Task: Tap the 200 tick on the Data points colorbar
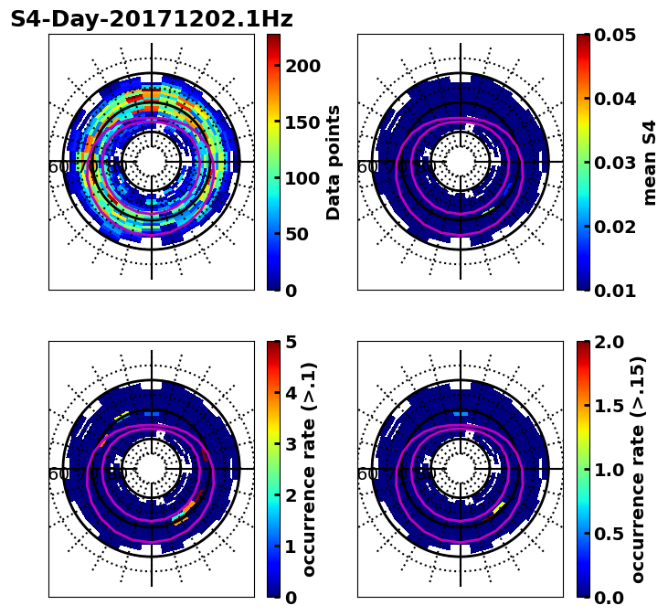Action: pyautogui.click(x=302, y=66)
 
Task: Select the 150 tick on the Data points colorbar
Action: pyautogui.click(x=302, y=122)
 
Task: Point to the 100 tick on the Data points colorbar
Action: pyautogui.click(x=302, y=178)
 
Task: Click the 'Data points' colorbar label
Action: pyautogui.click(x=334, y=162)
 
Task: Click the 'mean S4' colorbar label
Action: pyautogui.click(x=650, y=162)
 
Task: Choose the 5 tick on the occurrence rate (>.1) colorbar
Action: pyautogui.click(x=292, y=342)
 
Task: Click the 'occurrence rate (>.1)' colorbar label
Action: pyautogui.click(x=309, y=469)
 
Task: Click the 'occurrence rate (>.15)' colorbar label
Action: pyautogui.click(x=638, y=469)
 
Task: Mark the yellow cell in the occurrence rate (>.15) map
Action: pyautogui.click(x=499, y=506)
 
